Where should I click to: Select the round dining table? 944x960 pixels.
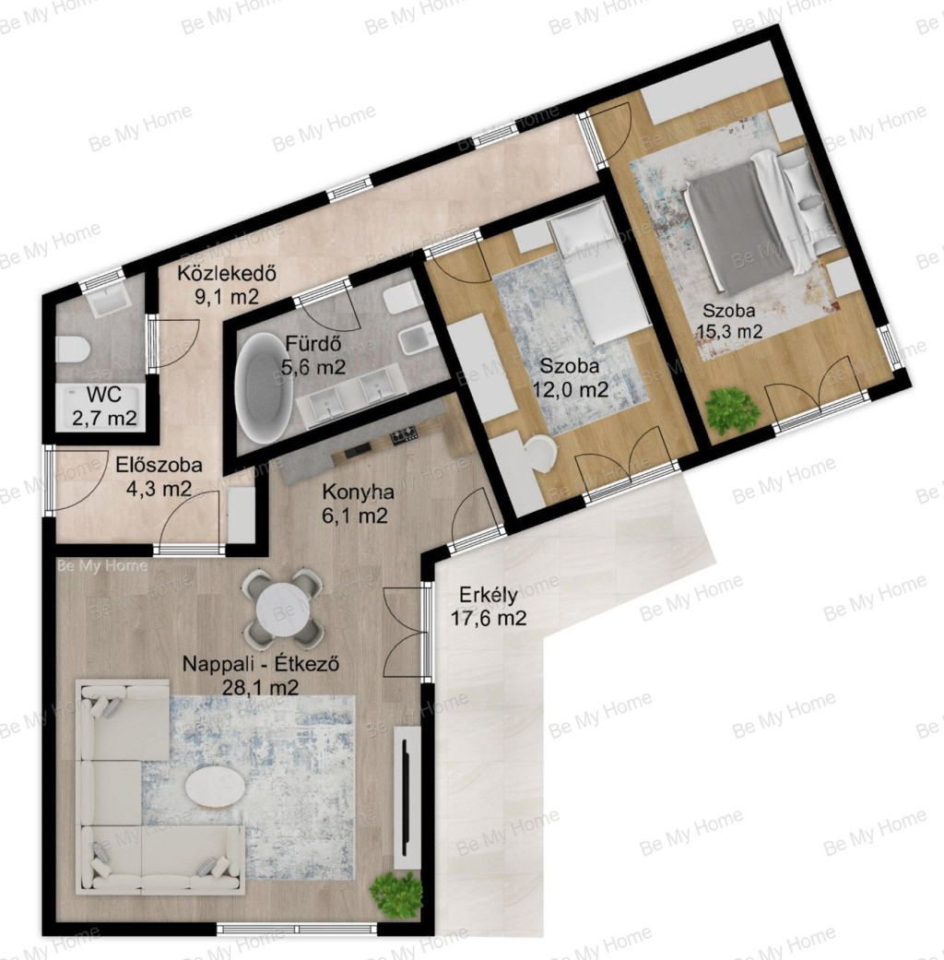point(281,607)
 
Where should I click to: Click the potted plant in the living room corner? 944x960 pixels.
point(396,895)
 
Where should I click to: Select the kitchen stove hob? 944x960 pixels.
point(404,436)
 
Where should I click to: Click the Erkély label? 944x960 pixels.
point(489,595)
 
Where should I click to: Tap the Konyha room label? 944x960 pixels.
point(358,492)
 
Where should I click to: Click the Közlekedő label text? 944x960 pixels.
point(228,273)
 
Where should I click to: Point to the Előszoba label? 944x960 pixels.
point(159,466)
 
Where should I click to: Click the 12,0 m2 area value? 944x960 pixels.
point(571,388)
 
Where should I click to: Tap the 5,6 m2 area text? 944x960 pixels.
point(313,367)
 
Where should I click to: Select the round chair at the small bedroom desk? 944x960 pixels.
point(542,454)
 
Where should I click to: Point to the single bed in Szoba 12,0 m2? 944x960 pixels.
point(600,273)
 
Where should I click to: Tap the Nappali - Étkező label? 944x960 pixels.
point(262,664)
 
